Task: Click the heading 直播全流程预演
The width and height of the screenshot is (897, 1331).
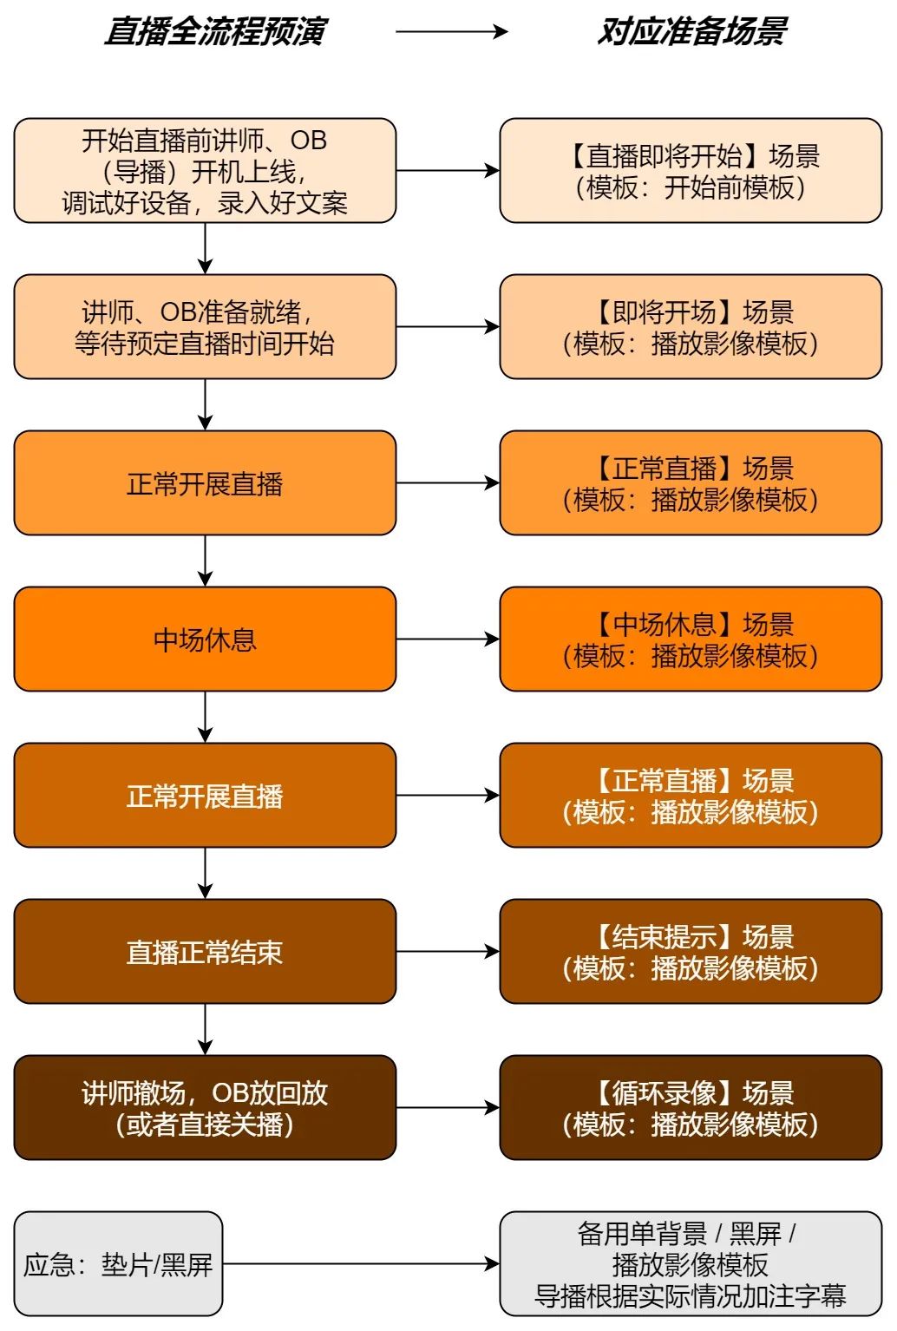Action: (x=214, y=32)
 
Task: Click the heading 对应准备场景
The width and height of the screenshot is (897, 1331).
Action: (x=691, y=32)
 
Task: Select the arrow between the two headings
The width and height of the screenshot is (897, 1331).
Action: (x=451, y=32)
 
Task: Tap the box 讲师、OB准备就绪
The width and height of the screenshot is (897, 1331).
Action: (x=205, y=327)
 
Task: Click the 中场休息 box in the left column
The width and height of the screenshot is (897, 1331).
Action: (x=205, y=639)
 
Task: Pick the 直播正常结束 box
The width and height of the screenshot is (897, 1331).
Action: (x=205, y=952)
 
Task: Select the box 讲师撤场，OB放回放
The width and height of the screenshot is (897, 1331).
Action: (x=205, y=1108)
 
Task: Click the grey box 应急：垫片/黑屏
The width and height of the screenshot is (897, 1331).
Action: (x=118, y=1264)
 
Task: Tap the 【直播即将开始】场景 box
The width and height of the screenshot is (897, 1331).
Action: (x=691, y=171)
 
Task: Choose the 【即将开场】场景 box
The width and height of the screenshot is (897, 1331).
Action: (x=691, y=327)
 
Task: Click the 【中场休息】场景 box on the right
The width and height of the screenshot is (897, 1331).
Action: (x=691, y=639)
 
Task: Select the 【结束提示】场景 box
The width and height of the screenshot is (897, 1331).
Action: (x=691, y=952)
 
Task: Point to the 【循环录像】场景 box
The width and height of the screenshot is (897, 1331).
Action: (x=691, y=1108)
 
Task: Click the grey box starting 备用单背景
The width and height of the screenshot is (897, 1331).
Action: (x=691, y=1264)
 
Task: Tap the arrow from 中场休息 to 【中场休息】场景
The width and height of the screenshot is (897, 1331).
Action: (x=448, y=639)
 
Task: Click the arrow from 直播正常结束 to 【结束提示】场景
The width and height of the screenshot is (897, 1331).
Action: (x=448, y=952)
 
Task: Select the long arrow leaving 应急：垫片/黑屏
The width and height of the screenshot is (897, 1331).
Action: (x=361, y=1264)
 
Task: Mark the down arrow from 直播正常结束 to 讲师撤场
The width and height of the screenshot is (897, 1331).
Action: (x=205, y=1029)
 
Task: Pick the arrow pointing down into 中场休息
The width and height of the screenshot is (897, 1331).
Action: (x=205, y=561)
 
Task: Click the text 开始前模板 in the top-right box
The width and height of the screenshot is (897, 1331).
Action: (x=729, y=187)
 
